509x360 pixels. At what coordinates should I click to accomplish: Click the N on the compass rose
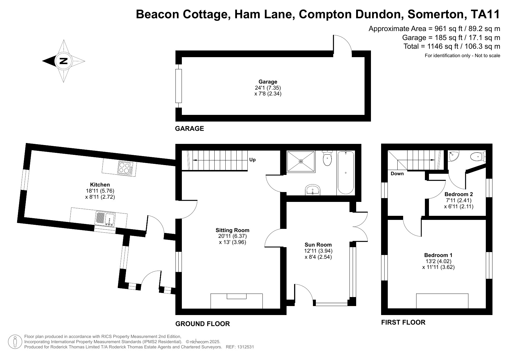[x=63, y=61]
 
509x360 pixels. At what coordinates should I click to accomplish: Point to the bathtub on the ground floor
[x=345, y=173]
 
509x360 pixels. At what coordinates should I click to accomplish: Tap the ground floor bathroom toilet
[x=327, y=158]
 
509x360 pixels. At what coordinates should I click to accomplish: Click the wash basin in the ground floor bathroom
[x=312, y=190]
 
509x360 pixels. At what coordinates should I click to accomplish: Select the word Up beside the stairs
[x=252, y=160]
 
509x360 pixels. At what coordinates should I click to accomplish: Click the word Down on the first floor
[x=397, y=174]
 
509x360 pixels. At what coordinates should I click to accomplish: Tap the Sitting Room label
[x=232, y=230]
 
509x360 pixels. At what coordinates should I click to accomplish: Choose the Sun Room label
[x=318, y=245]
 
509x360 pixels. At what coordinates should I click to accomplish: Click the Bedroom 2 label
[x=459, y=194]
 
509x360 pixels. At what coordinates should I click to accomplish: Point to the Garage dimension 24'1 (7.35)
[x=268, y=88]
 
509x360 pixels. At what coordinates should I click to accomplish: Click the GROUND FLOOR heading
[x=202, y=324]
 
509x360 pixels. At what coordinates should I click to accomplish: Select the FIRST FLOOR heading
[x=403, y=322]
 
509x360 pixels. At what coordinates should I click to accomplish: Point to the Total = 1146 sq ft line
[x=452, y=46]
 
